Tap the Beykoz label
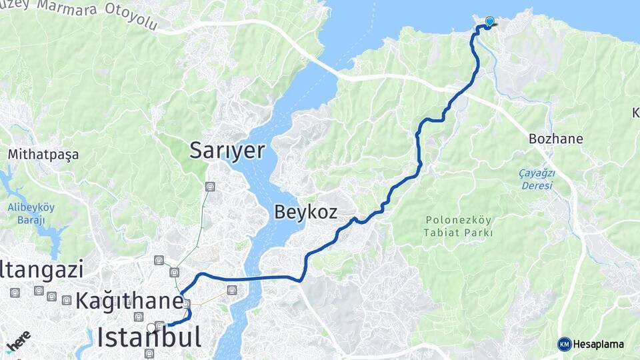click(x=305, y=213)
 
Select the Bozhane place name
click(x=555, y=139)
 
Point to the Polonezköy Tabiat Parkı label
click(x=458, y=226)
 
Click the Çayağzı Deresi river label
click(x=536, y=179)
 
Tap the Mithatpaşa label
click(x=43, y=155)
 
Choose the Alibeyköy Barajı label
click(x=31, y=213)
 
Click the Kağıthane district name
click(x=129, y=300)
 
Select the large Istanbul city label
click(x=148, y=337)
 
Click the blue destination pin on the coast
click(x=490, y=22)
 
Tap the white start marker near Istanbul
click(x=151, y=327)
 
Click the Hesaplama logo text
click(x=598, y=344)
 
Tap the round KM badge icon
click(x=565, y=344)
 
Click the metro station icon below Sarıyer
click(x=211, y=187)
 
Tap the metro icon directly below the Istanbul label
click(x=149, y=353)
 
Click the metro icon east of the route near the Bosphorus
click(x=231, y=289)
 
